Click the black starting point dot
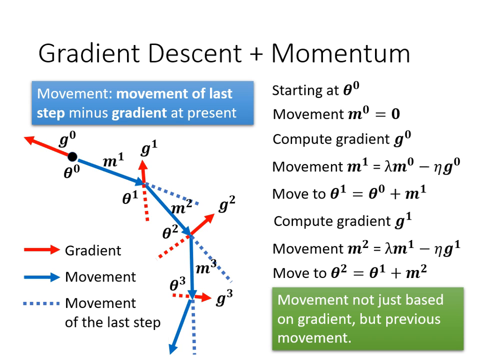pos(72,156)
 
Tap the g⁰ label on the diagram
pos(67,139)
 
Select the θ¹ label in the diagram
pos(130,198)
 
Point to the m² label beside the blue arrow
pos(181,206)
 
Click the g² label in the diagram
pos(226,204)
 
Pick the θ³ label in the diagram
pos(177,284)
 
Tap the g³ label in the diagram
pos(224,298)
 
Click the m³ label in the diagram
pos(205,267)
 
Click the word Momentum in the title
pos(340,53)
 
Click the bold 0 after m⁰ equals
pos(395,114)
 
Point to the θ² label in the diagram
pos(170,231)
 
